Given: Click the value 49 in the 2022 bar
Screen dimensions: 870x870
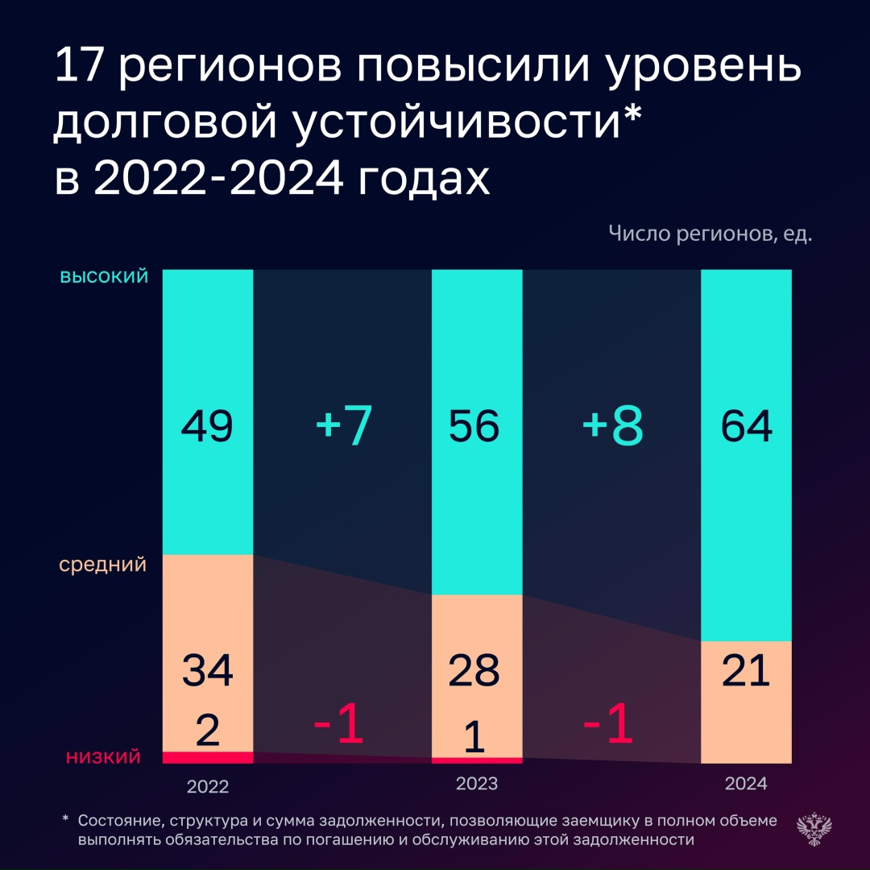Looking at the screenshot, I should (x=208, y=426).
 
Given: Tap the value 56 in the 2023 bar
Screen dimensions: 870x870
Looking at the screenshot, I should (x=475, y=426).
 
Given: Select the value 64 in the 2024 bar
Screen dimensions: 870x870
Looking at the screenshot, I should (x=747, y=426).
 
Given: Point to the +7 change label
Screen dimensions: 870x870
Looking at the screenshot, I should (x=344, y=427).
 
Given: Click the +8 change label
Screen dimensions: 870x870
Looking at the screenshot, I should (x=613, y=427).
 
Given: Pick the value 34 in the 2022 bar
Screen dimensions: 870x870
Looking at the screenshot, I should (x=208, y=671).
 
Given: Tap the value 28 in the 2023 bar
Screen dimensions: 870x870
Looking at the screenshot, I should (x=475, y=671).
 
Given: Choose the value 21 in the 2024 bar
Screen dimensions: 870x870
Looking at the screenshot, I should (x=747, y=671).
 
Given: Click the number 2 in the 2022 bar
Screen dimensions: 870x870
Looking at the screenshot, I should (x=208, y=731).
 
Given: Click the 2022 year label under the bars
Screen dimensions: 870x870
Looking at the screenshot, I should (x=208, y=785).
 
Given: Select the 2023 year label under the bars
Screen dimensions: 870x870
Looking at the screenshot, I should (x=477, y=783).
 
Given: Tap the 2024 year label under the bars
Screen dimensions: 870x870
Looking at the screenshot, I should (x=746, y=783).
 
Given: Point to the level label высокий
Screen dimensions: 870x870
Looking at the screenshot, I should (x=105, y=277).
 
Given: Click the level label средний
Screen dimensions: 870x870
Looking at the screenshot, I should (x=103, y=565).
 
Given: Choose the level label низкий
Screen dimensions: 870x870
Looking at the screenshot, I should (x=103, y=756).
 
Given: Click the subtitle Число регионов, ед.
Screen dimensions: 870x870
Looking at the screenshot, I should (x=710, y=234).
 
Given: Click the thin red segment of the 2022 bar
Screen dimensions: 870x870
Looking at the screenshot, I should (x=208, y=757).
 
